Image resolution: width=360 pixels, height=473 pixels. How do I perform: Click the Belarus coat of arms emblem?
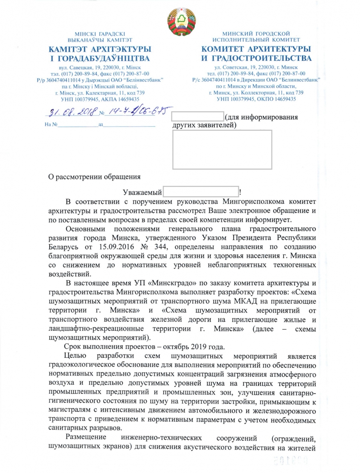click(182, 21)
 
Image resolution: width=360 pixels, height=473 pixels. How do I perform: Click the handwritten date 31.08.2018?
click(73, 111)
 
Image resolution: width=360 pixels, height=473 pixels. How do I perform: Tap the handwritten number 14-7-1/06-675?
click(139, 110)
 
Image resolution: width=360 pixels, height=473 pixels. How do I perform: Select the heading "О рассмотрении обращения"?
click(95, 177)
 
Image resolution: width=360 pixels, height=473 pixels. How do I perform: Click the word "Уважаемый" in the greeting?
click(142, 192)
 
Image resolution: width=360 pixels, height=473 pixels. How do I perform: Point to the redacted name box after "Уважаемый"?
click(201, 191)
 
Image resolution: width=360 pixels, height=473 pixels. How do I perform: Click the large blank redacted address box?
click(222, 149)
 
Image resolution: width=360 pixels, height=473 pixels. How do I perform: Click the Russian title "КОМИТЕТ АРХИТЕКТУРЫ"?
click(256, 49)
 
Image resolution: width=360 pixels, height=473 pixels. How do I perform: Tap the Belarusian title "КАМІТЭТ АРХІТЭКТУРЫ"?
click(100, 49)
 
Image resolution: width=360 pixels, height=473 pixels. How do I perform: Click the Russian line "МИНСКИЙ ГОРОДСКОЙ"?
click(256, 34)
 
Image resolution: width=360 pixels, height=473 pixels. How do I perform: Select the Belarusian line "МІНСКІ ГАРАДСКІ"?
click(100, 34)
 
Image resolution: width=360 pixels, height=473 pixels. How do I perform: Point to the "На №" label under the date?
click(51, 125)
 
